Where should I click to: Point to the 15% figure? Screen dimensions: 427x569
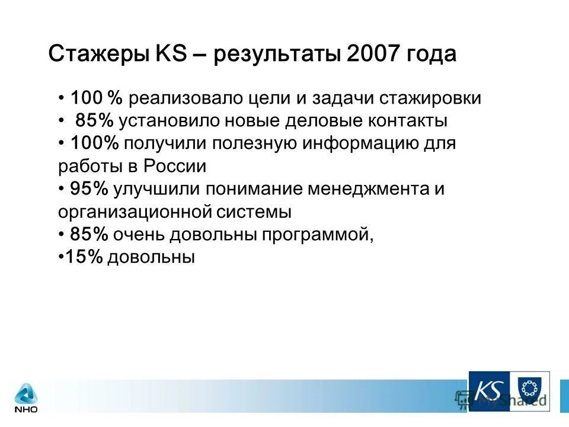click(x=83, y=257)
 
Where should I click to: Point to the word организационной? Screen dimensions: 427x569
click(x=127, y=212)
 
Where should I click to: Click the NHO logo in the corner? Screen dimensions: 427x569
click(x=26, y=397)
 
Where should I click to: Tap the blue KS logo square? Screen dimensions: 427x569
click(x=490, y=391)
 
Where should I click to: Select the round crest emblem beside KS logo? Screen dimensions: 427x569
click(x=530, y=390)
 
